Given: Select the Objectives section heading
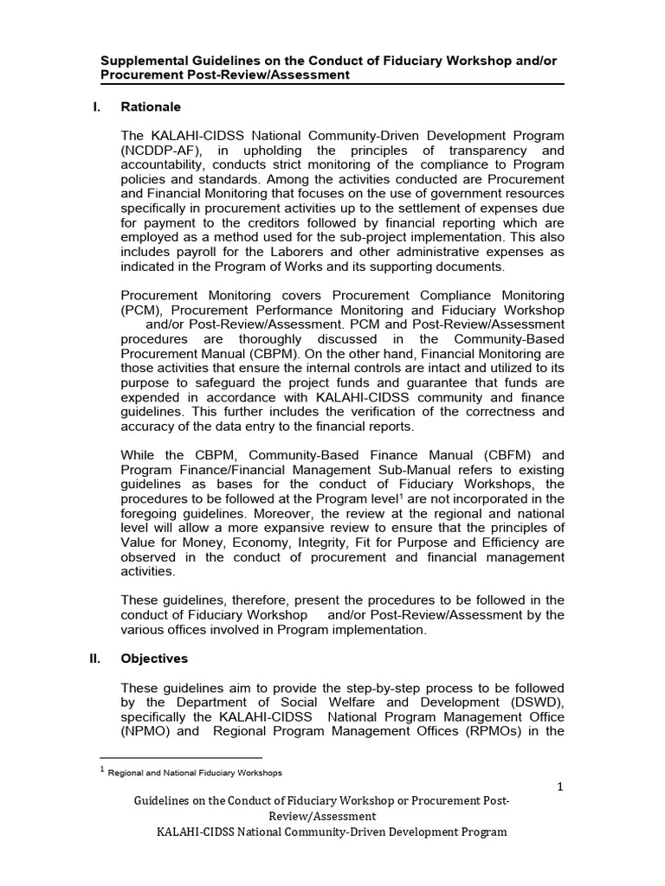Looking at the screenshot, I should pyautogui.click(x=154, y=658).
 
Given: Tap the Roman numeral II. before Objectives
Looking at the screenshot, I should pyautogui.click(x=96, y=658).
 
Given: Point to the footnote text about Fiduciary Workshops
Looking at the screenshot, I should pyautogui.click(x=195, y=773).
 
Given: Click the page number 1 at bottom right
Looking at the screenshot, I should pyautogui.click(x=561, y=786).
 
